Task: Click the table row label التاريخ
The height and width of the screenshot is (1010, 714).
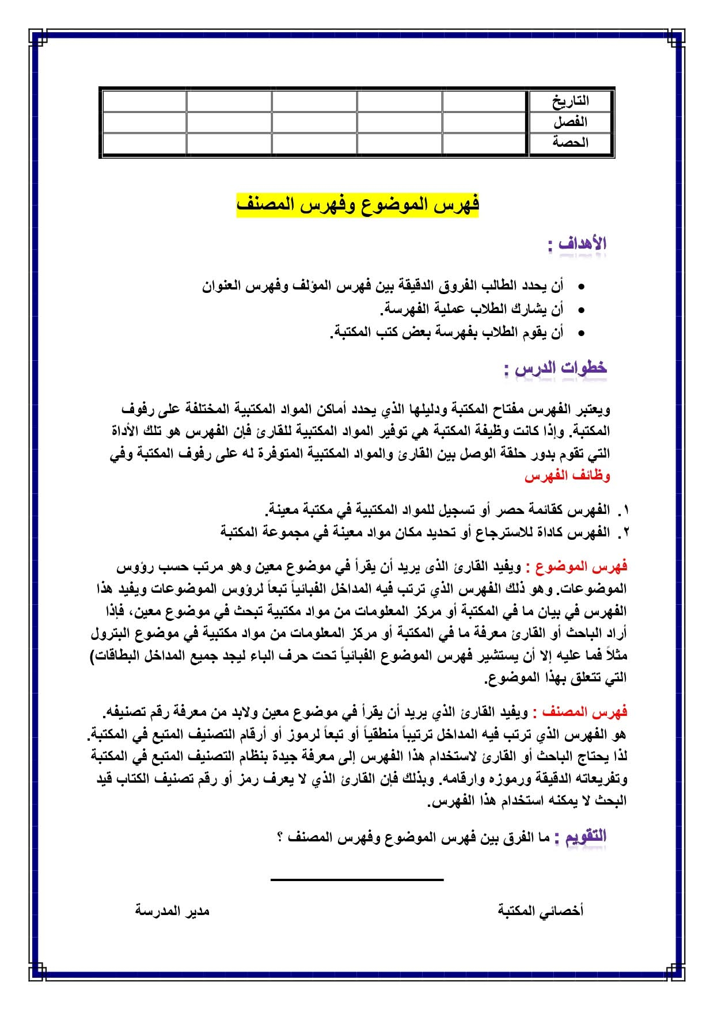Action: coord(570,101)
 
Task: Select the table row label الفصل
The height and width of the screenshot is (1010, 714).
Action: coord(570,122)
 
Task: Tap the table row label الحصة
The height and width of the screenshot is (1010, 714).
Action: coord(570,142)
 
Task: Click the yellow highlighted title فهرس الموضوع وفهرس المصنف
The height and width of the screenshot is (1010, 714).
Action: coord(358,205)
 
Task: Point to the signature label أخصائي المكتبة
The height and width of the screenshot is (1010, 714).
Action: coord(540,910)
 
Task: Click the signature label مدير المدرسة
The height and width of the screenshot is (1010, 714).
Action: coord(172,911)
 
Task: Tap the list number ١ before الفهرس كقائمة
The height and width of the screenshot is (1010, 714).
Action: coord(626,510)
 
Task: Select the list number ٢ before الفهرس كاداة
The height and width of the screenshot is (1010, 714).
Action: coord(626,533)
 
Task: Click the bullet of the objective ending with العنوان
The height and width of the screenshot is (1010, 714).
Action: coord(582,287)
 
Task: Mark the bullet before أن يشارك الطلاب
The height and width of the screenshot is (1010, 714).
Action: coord(582,310)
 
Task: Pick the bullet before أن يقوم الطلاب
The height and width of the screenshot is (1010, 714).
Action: coord(582,333)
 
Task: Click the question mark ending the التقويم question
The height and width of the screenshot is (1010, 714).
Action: coord(280,838)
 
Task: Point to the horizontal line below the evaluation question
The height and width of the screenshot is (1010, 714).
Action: coord(357,879)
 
